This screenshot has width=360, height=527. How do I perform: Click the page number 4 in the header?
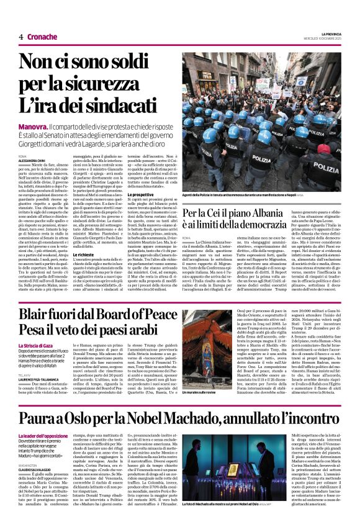(x=21, y=37)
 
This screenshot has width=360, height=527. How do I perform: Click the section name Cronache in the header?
(x=42, y=37)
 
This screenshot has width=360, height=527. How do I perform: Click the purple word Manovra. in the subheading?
(x=34, y=125)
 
